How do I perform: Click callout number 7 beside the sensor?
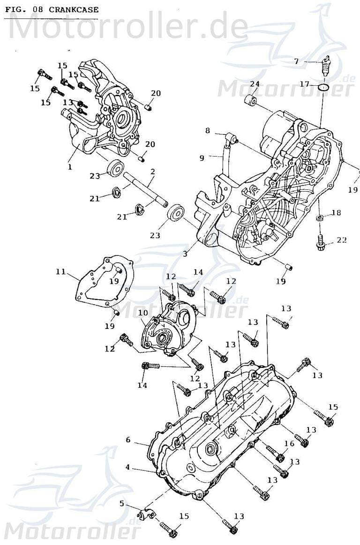point(296,61)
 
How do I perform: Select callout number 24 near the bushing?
point(255,84)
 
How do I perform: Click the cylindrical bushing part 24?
point(251,100)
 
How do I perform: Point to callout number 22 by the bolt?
point(341,240)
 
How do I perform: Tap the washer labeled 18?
point(319,218)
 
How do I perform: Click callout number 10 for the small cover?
point(143,313)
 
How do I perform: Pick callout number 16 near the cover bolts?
point(289,443)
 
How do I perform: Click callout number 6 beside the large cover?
point(127,440)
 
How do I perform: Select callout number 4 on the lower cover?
point(127,467)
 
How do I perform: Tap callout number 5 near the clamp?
point(122,504)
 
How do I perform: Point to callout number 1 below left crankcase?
point(69,166)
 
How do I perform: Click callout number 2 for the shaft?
point(152,172)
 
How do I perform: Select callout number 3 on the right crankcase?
point(185,254)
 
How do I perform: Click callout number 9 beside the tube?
point(202,158)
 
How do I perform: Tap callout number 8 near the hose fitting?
point(207,131)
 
